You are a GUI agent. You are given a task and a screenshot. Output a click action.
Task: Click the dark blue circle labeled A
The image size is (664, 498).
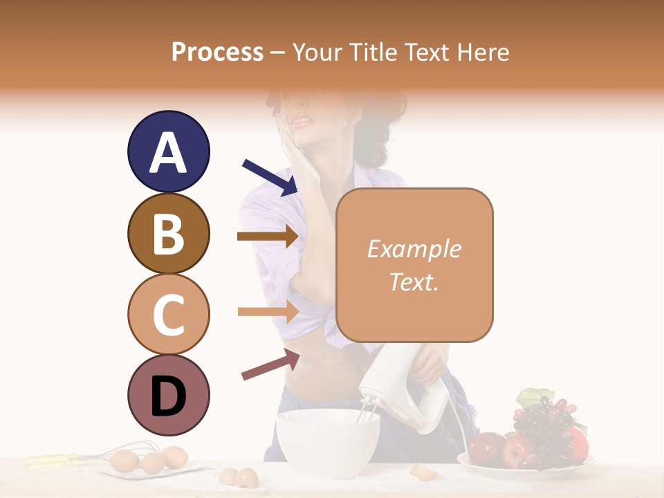tap(168, 151)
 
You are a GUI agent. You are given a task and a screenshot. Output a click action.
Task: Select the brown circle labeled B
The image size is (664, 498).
tap(168, 233)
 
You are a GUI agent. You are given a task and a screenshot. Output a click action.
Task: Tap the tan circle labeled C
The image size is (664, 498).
tap(168, 314)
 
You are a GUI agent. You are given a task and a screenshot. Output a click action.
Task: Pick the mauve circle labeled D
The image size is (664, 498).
tap(168, 395)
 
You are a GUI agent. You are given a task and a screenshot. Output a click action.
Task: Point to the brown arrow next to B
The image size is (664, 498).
tap(267, 237)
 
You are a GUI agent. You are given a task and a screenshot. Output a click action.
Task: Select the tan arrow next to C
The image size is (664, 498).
tap(267, 312)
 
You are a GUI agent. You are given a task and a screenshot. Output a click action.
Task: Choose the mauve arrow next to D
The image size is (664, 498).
tap(270, 365)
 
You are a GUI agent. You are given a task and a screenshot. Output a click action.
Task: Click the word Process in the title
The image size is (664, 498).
tap(217, 52)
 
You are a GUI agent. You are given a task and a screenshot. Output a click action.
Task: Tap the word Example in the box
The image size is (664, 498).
tap(414, 249)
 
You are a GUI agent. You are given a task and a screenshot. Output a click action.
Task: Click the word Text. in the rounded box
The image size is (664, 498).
tap(414, 282)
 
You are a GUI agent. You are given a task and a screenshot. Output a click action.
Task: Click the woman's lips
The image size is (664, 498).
tap(302, 121)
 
